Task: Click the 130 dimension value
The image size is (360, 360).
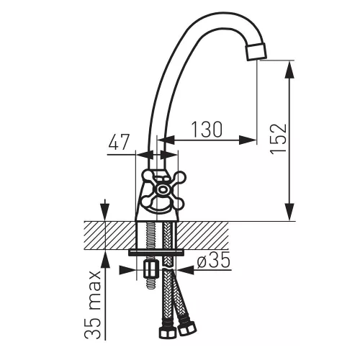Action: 207,130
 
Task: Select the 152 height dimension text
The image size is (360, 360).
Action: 279,139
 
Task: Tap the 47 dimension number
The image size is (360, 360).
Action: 119,142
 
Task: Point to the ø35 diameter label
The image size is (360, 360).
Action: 214,260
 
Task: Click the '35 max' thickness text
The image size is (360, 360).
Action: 93,305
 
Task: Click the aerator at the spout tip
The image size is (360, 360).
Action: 256,51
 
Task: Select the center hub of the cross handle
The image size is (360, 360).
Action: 163,189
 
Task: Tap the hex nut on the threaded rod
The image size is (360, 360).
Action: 151,270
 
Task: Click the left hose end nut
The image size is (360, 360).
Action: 168,332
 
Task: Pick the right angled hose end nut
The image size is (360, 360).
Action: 187,328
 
